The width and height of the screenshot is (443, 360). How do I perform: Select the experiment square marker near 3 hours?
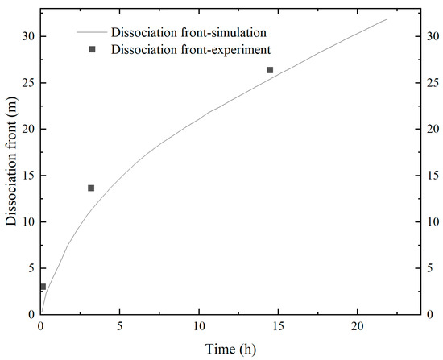click(91, 188)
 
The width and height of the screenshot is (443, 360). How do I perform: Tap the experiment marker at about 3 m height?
click(43, 287)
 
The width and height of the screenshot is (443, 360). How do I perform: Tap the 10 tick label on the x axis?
click(199, 327)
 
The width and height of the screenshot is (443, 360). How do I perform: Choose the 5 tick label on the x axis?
click(120, 327)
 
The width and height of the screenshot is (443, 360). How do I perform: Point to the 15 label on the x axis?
click(278, 327)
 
